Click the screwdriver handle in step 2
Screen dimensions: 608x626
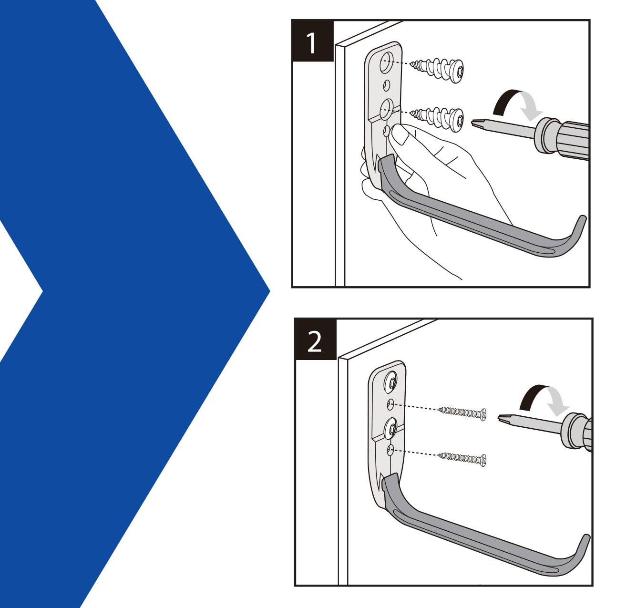point(579,431)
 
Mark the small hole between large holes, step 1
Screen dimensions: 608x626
point(387,85)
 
